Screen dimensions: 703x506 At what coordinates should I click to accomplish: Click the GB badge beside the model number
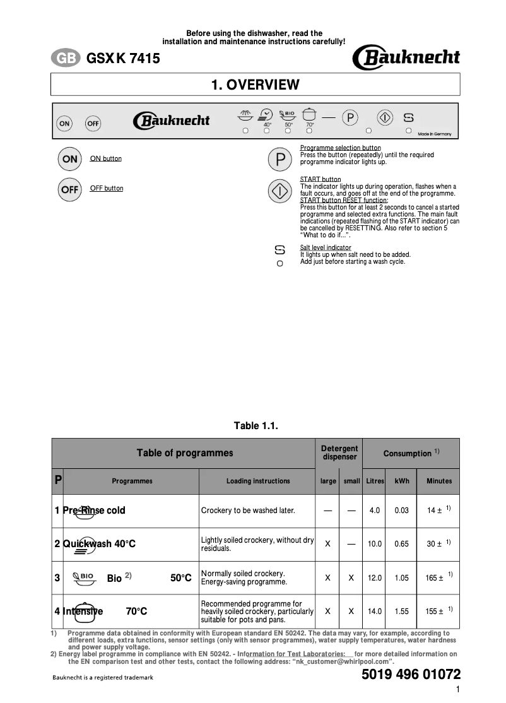click(66, 59)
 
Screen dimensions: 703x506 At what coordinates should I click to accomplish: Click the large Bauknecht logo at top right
click(406, 59)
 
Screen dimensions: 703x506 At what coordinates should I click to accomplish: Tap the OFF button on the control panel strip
click(93, 124)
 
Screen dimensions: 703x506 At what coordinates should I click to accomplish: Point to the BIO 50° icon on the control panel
click(288, 116)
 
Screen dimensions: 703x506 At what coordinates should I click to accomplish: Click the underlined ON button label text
click(106, 158)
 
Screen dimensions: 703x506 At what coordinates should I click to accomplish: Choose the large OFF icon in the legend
click(69, 189)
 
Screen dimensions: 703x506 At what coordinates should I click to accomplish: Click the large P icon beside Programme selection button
click(280, 160)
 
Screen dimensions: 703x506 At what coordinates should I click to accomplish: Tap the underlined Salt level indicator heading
click(326, 247)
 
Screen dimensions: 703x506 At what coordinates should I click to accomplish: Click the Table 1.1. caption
click(256, 426)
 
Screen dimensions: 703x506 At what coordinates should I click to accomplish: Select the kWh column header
click(402, 481)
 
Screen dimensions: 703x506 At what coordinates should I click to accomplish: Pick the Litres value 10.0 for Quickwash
click(375, 544)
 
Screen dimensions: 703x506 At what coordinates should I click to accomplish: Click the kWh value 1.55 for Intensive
click(402, 611)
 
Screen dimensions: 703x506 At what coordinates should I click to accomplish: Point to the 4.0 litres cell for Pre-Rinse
click(375, 511)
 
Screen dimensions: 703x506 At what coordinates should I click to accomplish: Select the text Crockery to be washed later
click(248, 511)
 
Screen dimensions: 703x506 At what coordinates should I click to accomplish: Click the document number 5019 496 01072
click(411, 675)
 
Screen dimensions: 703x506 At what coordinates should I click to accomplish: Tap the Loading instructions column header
click(258, 481)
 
